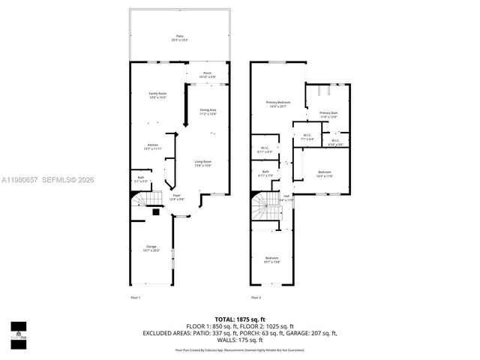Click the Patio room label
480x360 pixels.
pos(180,37)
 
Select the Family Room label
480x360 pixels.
pos(157,94)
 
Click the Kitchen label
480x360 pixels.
pos(152,145)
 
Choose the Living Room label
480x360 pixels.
pos(202,163)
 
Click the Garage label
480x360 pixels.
pos(151,247)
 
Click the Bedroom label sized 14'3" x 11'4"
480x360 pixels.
pos(323,173)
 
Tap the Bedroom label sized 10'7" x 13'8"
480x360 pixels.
pos(271,259)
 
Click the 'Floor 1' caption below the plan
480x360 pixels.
pos(135,297)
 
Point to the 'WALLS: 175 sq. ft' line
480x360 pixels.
pos(239,340)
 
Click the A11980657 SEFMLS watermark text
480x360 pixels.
pos(48,180)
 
